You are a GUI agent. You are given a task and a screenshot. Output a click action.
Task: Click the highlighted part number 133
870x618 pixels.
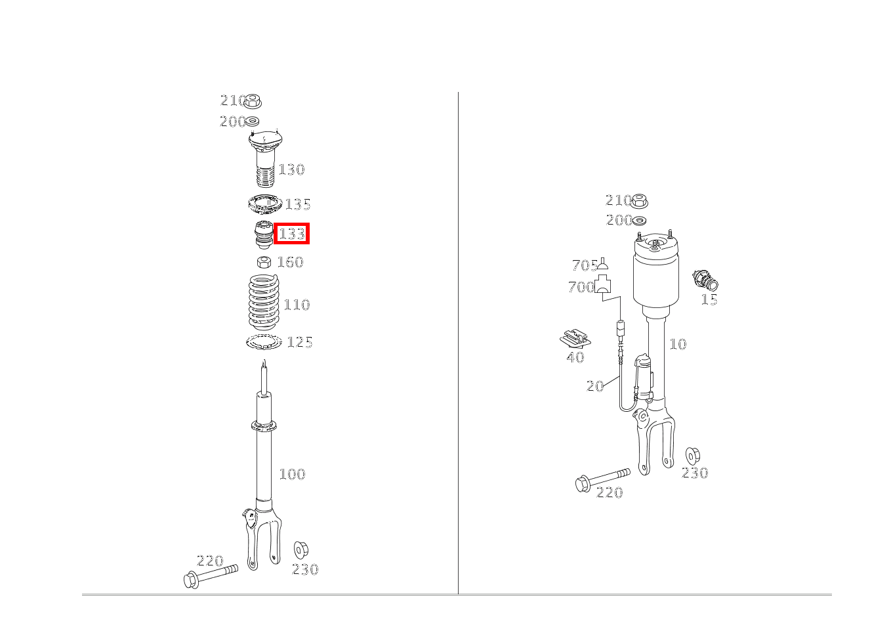coord(292,234)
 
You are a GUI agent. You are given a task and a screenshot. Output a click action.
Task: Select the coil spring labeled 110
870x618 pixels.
coord(264,303)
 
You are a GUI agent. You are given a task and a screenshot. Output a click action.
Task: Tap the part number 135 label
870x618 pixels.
coord(297,204)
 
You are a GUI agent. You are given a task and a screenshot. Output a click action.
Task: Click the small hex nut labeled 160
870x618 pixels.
coord(264,262)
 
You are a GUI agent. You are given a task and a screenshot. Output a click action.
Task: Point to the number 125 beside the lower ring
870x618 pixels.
coord(299,342)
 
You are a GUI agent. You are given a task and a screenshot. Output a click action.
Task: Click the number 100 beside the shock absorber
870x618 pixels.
coord(292,474)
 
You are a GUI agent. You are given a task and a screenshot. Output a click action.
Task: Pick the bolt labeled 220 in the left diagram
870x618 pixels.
coord(210,577)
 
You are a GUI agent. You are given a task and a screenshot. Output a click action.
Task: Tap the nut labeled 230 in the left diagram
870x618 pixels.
coord(300,550)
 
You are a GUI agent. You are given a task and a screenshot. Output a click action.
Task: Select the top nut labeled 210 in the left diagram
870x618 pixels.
coord(253,101)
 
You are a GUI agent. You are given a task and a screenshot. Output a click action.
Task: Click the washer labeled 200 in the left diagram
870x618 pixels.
coord(252,121)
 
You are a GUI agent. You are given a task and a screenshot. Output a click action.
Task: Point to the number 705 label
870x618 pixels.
coord(584,265)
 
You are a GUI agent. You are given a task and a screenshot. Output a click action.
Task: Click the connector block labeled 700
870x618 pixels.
coord(602,286)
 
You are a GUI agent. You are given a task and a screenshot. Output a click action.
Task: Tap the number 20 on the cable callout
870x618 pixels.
coord(594,386)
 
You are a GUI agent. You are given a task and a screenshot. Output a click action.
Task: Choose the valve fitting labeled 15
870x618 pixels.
coord(705,282)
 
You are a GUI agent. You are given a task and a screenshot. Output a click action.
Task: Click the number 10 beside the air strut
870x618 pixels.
coord(677,344)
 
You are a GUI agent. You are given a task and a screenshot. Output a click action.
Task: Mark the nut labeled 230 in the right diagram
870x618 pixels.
coord(693,455)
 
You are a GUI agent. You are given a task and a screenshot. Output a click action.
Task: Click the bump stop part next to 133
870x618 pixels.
coord(263,235)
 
